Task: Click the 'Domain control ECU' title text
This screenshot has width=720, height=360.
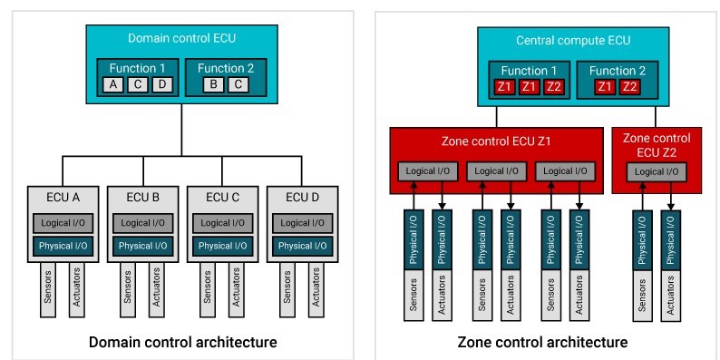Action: click(181, 39)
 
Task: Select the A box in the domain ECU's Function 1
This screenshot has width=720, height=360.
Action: click(113, 84)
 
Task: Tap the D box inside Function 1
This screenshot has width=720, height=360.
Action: click(161, 84)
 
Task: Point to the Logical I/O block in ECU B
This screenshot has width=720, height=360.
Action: click(142, 223)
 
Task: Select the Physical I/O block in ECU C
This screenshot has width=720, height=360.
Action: click(222, 246)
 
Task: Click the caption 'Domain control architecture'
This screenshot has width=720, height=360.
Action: click(181, 342)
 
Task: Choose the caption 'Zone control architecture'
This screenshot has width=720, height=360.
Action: click(542, 342)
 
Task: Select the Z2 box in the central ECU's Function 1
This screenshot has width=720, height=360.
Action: click(552, 87)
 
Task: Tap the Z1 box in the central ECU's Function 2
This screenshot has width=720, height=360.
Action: click(604, 87)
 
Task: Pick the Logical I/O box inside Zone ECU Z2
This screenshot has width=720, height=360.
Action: click(656, 171)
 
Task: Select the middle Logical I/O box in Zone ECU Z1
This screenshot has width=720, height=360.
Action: click(496, 171)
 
